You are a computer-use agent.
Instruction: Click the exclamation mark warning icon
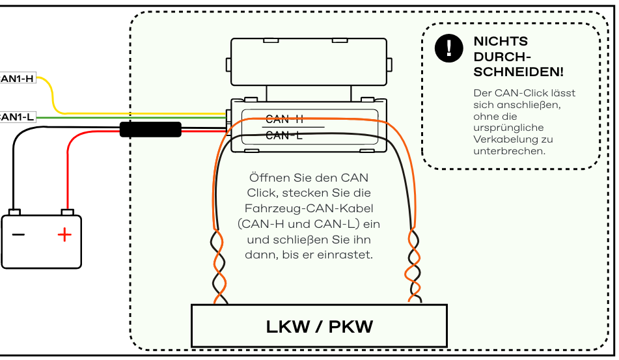(x=449, y=48)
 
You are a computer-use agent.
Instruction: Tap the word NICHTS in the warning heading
(x=501, y=41)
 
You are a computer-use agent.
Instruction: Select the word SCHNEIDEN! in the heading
(x=518, y=72)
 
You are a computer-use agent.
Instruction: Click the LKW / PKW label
(x=320, y=326)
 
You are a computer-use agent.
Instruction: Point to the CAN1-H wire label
(x=18, y=78)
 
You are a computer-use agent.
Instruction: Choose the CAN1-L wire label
(x=18, y=117)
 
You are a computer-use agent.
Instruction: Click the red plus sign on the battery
(x=64, y=235)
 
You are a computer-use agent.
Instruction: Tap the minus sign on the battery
(x=18, y=235)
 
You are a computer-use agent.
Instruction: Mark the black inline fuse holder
(x=150, y=130)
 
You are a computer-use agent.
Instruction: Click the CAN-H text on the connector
(x=284, y=119)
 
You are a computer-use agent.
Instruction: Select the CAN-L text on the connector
(x=284, y=135)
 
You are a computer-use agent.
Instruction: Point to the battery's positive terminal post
(x=68, y=212)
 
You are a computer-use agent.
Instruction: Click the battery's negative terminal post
(x=14, y=212)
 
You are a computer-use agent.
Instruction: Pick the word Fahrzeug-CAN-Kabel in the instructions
(x=309, y=208)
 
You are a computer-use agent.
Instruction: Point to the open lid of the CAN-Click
(x=309, y=62)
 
